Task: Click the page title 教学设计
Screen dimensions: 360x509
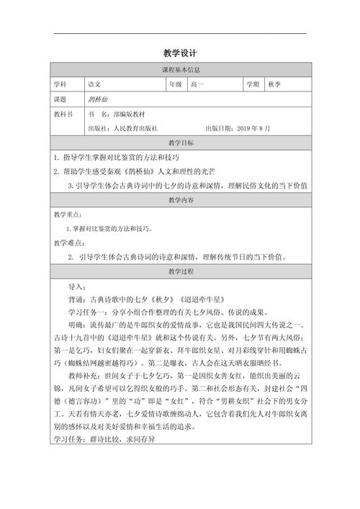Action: pos(180,53)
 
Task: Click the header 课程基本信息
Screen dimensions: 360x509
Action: pos(180,70)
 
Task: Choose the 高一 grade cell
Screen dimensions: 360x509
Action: pos(197,84)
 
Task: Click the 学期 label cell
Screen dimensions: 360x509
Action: pos(252,84)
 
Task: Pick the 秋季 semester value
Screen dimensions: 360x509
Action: pos(274,84)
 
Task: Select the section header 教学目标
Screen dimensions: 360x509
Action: pos(180,143)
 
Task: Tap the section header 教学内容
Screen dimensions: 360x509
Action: pos(180,199)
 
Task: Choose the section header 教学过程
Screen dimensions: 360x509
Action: pos(180,271)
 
